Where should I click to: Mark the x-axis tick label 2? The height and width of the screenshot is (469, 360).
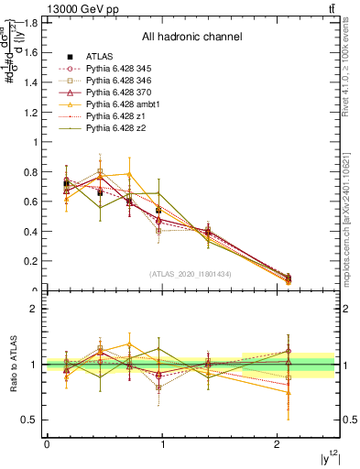278,445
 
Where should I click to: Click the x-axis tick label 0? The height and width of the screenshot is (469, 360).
47,445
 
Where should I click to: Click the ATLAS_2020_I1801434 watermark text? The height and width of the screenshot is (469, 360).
191,274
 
